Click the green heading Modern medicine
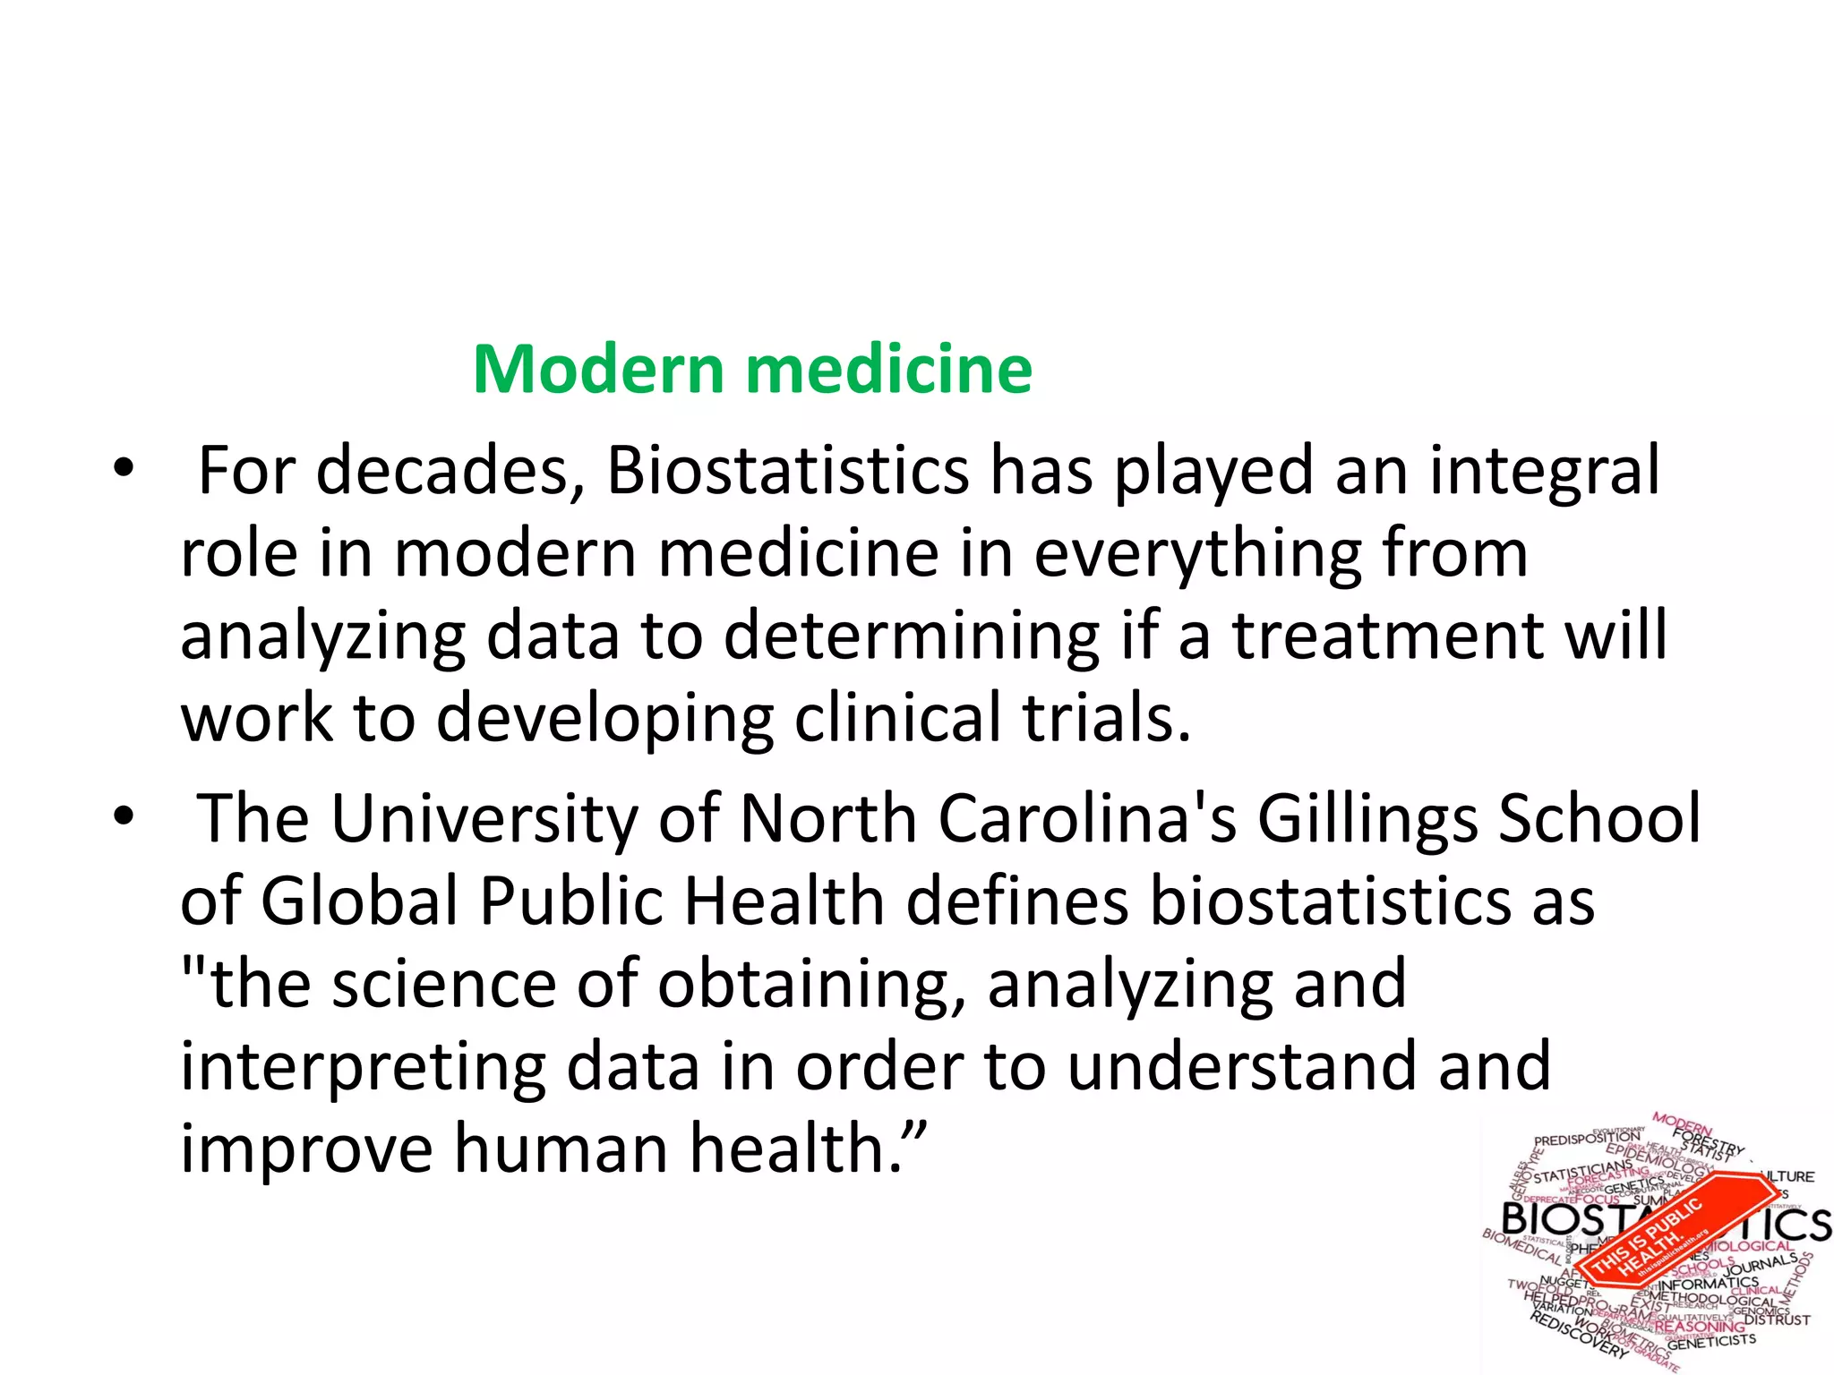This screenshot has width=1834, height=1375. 752,369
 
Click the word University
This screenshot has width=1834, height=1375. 484,819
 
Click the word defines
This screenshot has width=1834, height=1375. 1016,901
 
